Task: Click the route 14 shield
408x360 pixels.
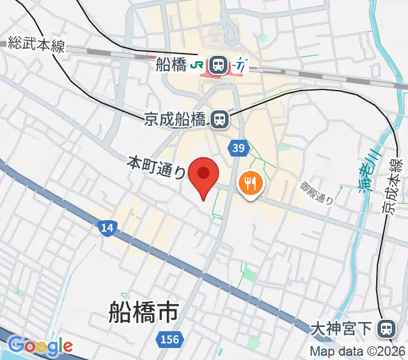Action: point(106,227)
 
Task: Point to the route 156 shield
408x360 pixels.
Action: point(170,340)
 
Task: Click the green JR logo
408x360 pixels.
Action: point(196,65)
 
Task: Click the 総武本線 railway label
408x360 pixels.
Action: point(36,45)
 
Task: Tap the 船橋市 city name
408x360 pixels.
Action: point(144,311)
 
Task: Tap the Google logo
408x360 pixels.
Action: point(40,346)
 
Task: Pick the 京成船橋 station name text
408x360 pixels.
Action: point(175,120)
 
